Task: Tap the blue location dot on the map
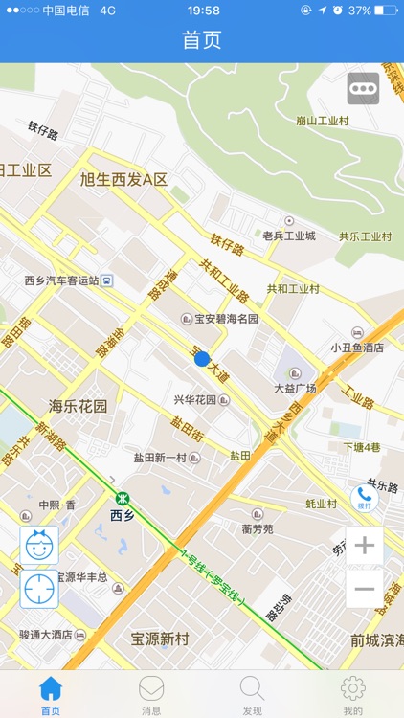202,358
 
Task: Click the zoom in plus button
364,547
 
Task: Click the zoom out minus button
364,589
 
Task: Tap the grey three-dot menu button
363,88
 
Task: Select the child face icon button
39,546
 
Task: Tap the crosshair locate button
39,590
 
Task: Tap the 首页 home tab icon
51,688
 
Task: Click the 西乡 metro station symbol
123,498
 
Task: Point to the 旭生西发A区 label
123,179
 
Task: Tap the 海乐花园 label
79,406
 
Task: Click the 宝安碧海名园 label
227,319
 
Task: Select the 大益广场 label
295,388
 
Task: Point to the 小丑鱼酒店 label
357,348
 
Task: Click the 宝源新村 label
160,639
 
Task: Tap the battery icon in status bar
386,11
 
